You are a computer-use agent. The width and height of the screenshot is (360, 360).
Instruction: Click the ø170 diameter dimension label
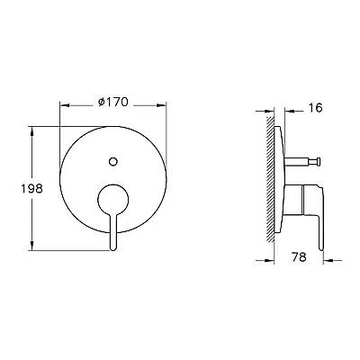pyautogui.click(x=113, y=103)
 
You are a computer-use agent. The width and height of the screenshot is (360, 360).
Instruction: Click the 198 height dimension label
pyautogui.click(x=31, y=188)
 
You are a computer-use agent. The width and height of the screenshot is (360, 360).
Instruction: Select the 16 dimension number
pyautogui.click(x=315, y=108)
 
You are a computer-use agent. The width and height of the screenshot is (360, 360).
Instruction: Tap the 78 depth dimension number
pyautogui.click(x=299, y=256)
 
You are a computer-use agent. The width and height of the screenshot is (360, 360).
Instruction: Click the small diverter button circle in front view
pyautogui.click(x=113, y=162)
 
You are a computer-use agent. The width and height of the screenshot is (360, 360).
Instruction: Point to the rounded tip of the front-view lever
pyautogui.click(x=113, y=247)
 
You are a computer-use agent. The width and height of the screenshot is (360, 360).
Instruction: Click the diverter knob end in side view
pyautogui.click(x=318, y=162)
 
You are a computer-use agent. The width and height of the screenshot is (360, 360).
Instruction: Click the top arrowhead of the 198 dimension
pyautogui.click(x=31, y=130)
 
